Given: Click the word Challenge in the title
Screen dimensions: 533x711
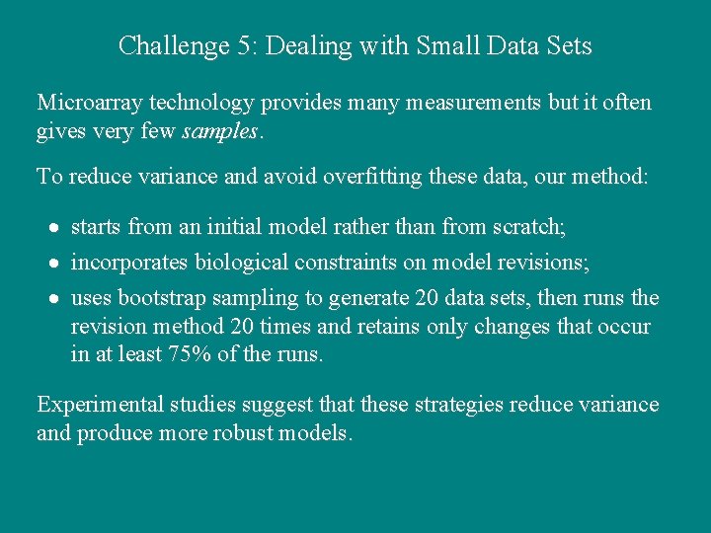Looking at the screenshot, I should tap(163, 45).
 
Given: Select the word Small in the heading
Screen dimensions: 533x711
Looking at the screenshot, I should tap(448, 45).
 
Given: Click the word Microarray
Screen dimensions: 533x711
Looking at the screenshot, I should tap(90, 103).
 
